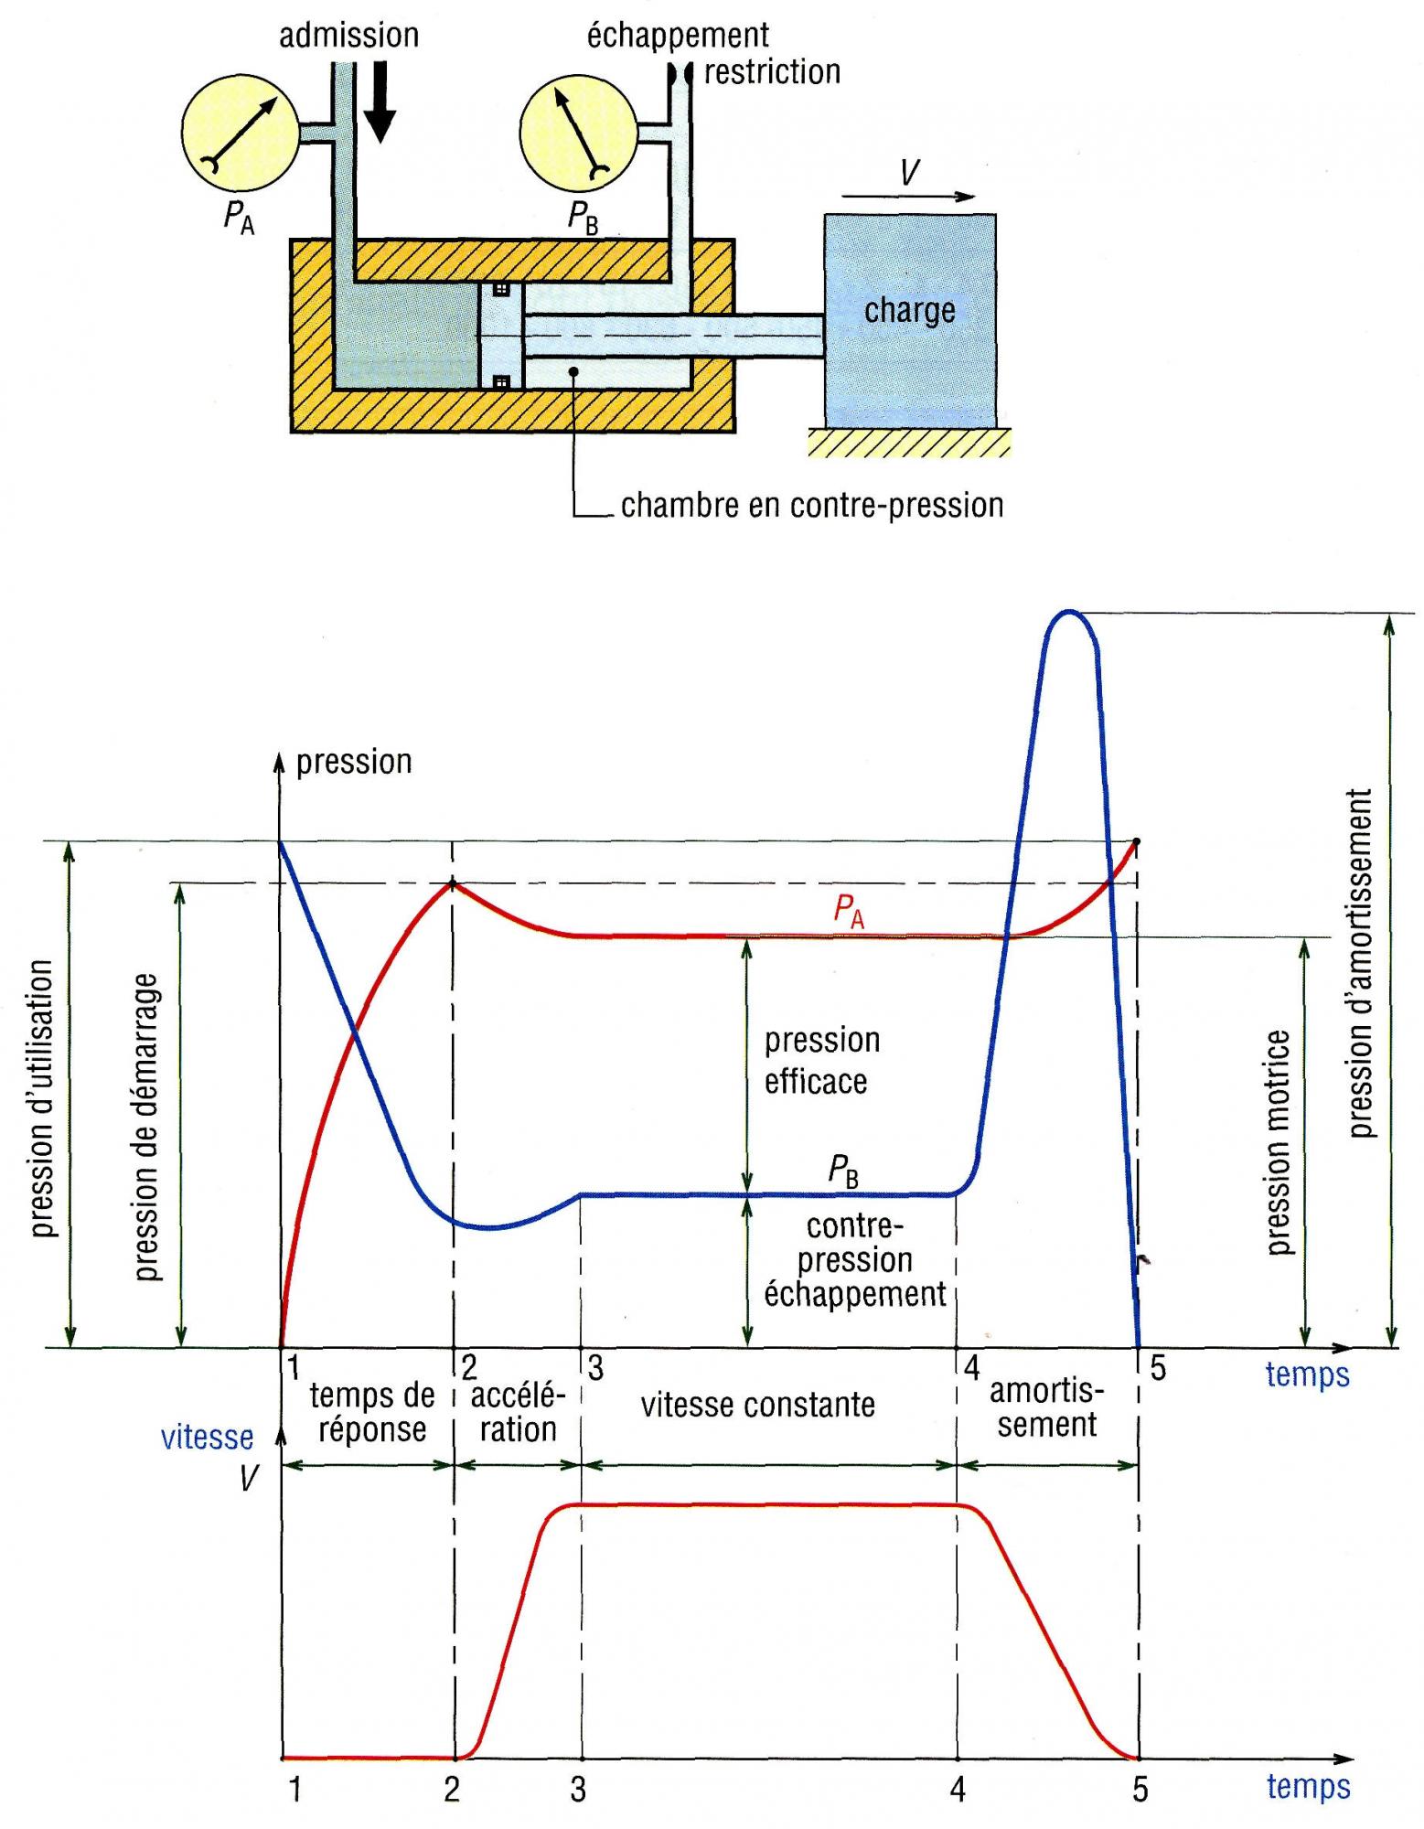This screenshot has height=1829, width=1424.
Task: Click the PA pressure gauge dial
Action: [241, 133]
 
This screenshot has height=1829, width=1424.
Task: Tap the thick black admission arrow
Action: [380, 101]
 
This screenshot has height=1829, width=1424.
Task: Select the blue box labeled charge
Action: [909, 320]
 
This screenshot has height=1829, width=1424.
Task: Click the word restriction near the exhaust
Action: [772, 72]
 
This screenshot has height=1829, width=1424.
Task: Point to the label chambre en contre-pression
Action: [811, 505]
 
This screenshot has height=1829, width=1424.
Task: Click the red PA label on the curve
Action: [848, 912]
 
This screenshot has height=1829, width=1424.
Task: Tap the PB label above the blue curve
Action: [843, 1171]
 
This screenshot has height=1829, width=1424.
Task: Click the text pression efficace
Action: [820, 1061]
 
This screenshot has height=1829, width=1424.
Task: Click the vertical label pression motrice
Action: [1279, 1142]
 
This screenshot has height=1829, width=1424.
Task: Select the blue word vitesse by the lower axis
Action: [208, 1438]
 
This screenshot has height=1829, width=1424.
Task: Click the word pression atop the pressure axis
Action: [354, 762]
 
